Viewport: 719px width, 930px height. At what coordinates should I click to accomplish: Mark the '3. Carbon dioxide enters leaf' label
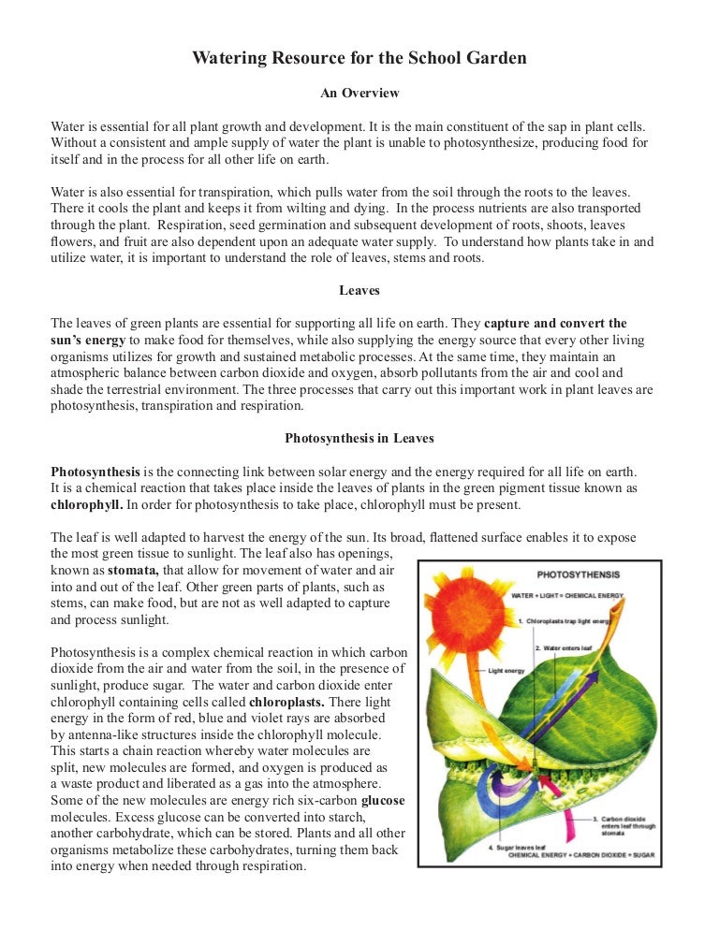pyautogui.click(x=627, y=823)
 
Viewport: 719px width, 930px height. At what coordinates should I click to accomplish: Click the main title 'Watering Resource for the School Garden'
pyautogui.click(x=359, y=58)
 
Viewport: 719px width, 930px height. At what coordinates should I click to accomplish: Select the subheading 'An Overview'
pyautogui.click(x=359, y=93)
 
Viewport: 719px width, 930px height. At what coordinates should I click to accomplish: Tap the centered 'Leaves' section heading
pyautogui.click(x=359, y=290)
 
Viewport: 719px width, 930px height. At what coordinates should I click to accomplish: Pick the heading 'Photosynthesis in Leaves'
pyautogui.click(x=359, y=438)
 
